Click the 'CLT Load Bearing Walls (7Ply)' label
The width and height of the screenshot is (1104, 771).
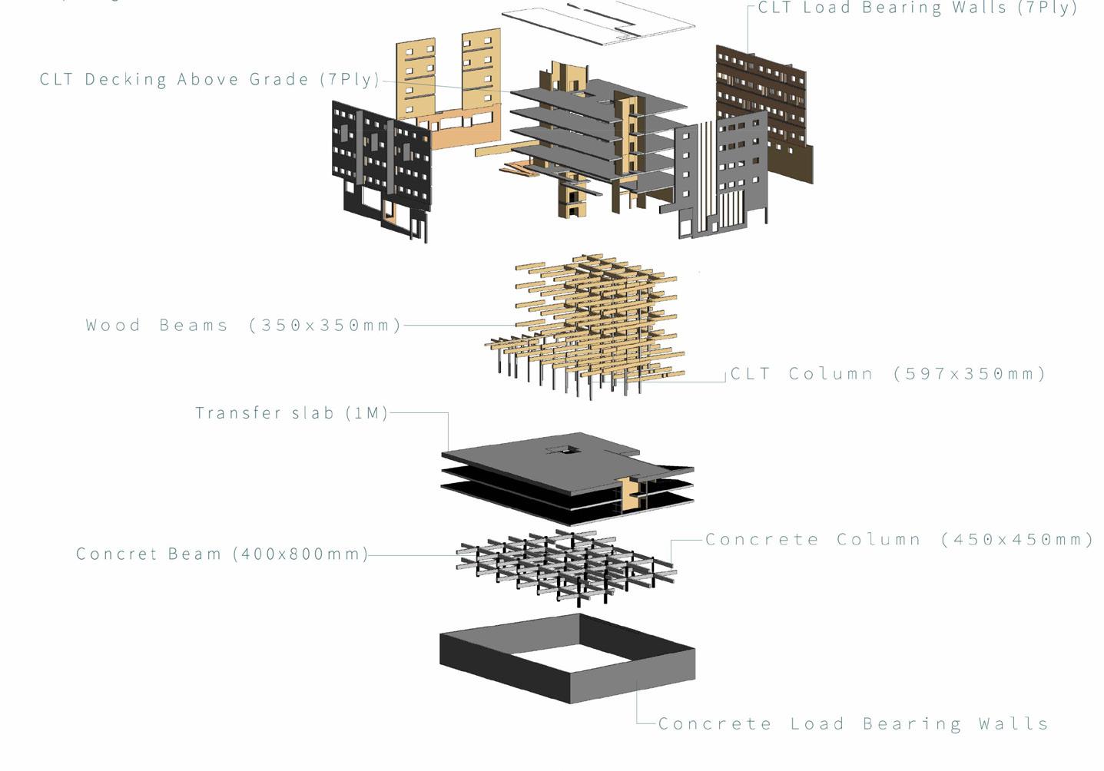click(x=917, y=8)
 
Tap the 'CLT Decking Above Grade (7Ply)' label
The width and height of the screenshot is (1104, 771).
click(x=210, y=79)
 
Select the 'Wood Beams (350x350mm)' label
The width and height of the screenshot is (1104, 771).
click(x=244, y=325)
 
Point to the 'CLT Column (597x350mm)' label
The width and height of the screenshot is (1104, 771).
click(x=887, y=374)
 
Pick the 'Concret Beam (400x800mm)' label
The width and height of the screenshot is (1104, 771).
click(x=222, y=554)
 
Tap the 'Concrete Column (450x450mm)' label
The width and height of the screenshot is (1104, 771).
click(x=899, y=539)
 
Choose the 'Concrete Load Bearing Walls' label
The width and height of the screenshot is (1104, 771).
click(x=853, y=723)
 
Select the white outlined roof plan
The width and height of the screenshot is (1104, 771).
click(x=599, y=23)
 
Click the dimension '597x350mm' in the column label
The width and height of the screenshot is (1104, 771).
click(x=970, y=374)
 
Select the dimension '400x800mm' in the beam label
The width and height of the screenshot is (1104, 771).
click(x=300, y=554)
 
